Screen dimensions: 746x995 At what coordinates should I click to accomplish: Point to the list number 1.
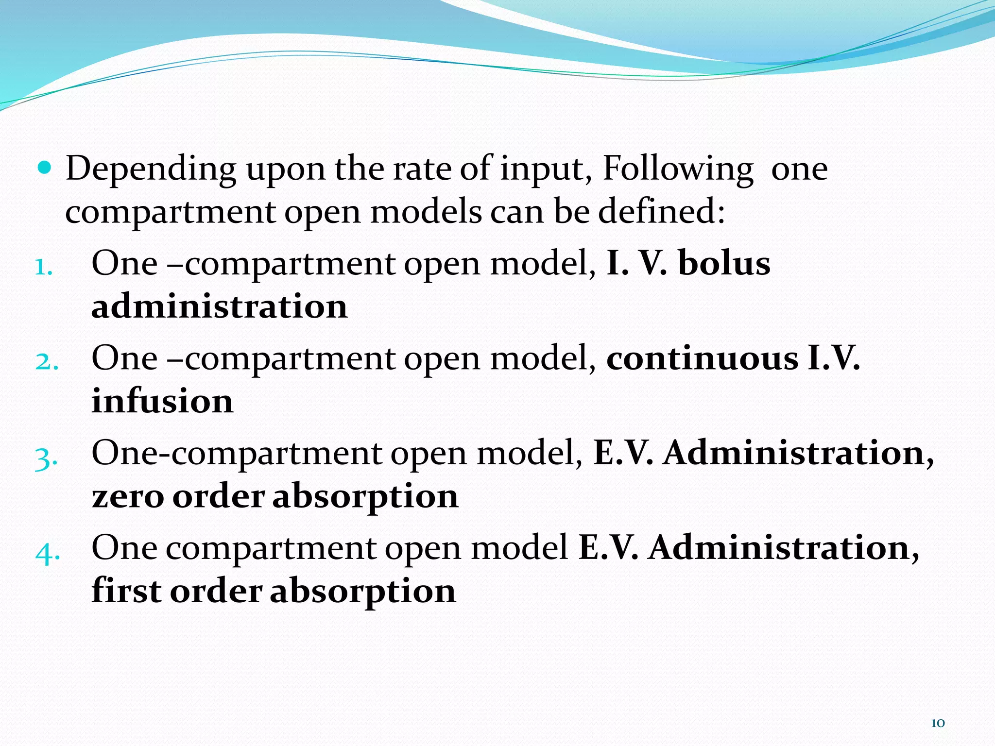[x=44, y=266]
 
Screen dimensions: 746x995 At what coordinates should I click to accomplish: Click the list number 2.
[x=47, y=361]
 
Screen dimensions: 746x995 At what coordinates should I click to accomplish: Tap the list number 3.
[x=46, y=457]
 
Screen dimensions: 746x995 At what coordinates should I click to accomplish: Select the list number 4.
[x=48, y=552]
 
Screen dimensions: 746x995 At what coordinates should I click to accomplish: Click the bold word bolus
[x=724, y=263]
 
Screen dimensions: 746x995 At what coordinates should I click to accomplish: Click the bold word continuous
[x=703, y=358]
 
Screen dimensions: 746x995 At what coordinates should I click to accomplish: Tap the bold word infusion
[x=162, y=402]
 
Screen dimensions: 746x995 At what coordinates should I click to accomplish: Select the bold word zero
[x=128, y=497]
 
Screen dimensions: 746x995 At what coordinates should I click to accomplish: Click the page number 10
[x=938, y=723]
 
